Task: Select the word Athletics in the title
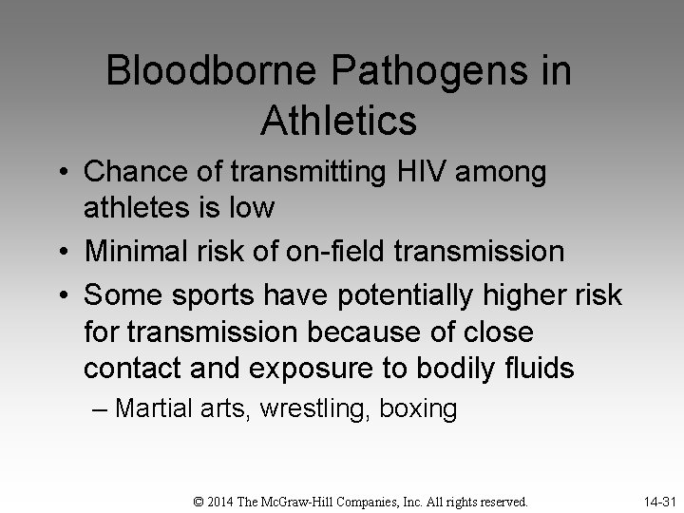click(337, 121)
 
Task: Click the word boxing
click(418, 409)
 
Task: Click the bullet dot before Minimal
click(69, 253)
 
